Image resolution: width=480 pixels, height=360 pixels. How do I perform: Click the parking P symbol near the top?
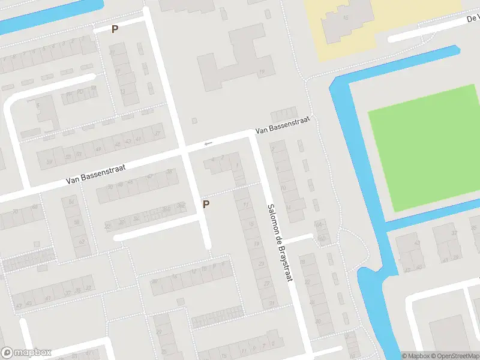[x=115, y=29]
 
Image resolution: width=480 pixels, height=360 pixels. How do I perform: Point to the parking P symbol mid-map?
[x=206, y=204]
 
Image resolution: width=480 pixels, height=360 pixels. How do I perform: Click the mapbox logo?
[x=27, y=352]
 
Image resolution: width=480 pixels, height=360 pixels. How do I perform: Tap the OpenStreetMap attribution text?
[x=451, y=356]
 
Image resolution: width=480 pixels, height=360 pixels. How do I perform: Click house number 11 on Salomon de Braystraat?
[x=245, y=205]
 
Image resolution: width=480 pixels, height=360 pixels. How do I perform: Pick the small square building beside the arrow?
[x=194, y=121]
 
